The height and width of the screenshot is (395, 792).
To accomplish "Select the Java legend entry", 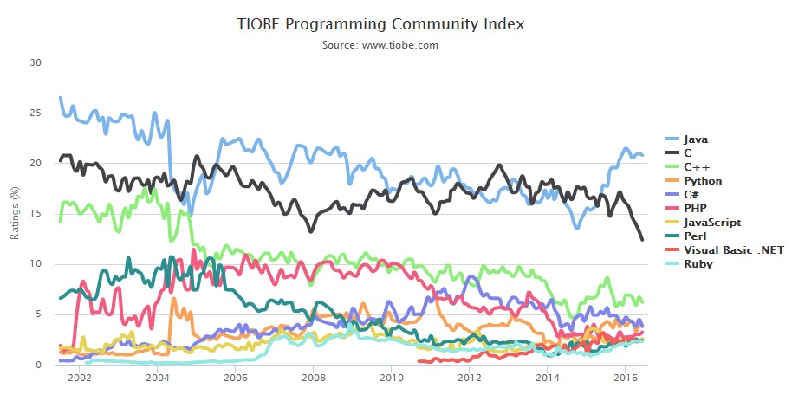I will [696, 139].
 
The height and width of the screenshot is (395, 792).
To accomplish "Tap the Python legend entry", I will [703, 181].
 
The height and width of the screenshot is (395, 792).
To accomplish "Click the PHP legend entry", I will [695, 209].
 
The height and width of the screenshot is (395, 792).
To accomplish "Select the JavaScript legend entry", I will [710, 223].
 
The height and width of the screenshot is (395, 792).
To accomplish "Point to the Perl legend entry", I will [695, 236].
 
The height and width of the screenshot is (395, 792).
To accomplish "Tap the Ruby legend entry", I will [698, 264].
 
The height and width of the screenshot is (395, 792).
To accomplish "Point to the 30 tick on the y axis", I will [36, 62].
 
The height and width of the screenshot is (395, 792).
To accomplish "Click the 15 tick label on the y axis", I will [36, 214].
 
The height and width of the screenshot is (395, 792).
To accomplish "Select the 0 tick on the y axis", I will [38, 365].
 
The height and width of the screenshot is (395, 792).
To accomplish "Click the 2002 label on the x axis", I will [79, 378].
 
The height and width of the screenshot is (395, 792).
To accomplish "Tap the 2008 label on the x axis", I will [313, 378].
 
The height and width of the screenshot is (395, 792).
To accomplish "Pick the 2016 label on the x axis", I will [625, 378].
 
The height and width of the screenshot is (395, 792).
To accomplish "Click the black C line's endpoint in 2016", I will [642, 240].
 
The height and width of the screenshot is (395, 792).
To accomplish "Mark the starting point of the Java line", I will [60, 98].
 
